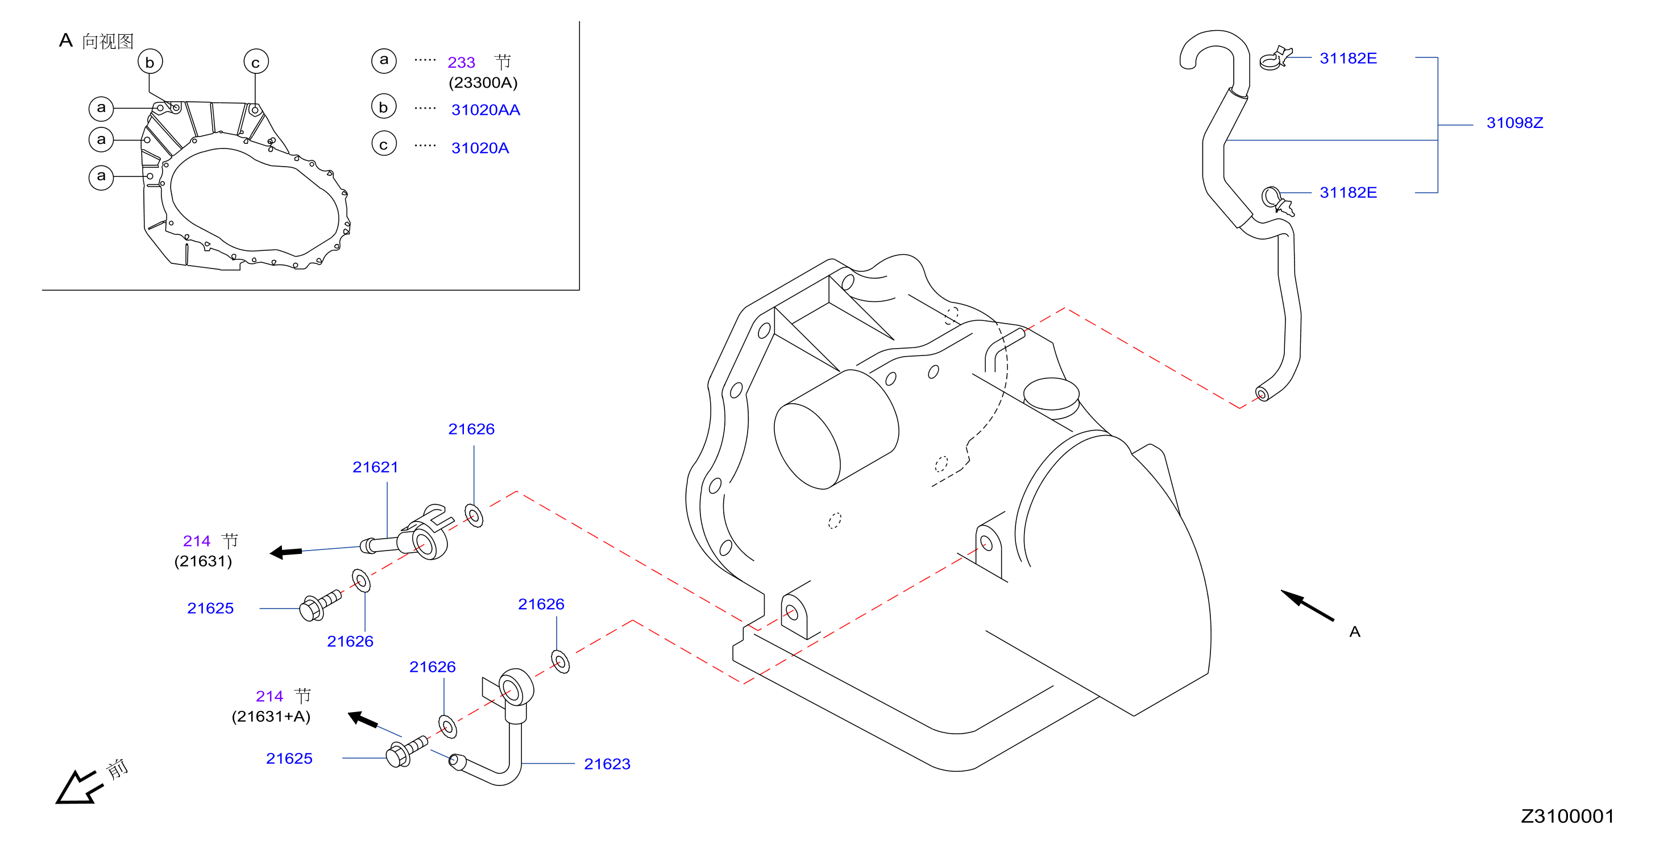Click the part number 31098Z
pos(1515,123)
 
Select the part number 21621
pos(375,467)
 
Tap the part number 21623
pos(607,764)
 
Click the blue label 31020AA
pos(486,110)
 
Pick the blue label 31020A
pos(480,148)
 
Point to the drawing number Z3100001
pos(1567,816)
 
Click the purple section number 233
pos(461,62)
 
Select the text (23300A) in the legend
pos(483,83)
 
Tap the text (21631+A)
pos(271,717)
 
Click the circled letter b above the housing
pos(150,62)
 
